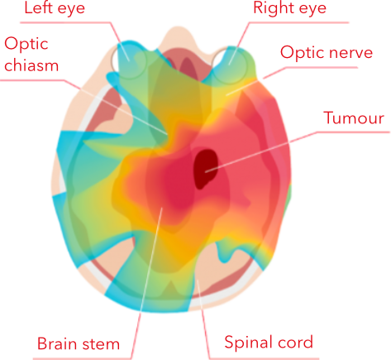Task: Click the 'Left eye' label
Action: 55,8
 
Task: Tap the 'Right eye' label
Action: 289,7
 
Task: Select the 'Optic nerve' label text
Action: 327,52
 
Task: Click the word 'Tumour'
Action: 354,118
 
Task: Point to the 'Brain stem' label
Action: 79,343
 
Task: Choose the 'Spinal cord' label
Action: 269,342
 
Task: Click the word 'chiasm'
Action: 31,65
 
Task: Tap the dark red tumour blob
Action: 206,169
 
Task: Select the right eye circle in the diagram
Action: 229,65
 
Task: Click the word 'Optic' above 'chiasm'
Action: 26,44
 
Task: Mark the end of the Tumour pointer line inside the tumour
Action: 206,172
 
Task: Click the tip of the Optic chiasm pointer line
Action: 168,134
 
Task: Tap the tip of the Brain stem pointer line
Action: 163,208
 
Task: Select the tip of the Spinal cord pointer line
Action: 198,279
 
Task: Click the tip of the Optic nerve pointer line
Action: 226,95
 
